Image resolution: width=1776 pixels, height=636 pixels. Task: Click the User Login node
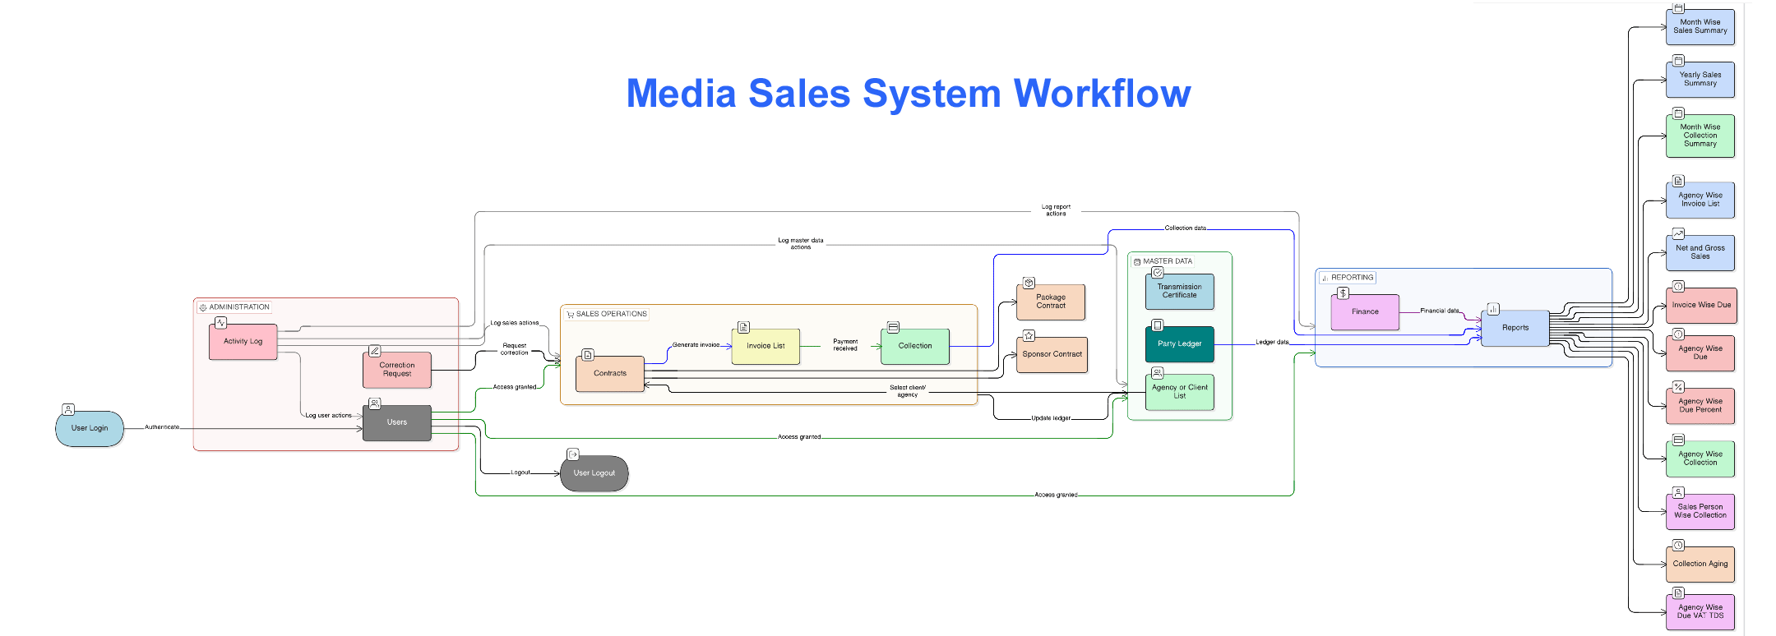[90, 428]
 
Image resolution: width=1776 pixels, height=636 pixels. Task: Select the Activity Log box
[243, 342]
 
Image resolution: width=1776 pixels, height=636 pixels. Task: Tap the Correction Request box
[397, 370]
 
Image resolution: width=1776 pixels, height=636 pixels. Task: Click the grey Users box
[397, 422]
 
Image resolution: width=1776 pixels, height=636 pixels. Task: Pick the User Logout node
[594, 473]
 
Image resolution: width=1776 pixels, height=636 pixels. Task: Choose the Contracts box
[610, 374]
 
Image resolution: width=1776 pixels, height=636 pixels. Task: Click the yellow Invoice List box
[765, 346]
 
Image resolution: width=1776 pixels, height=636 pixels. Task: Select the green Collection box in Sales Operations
[915, 346]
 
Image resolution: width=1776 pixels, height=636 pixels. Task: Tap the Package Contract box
[1051, 302]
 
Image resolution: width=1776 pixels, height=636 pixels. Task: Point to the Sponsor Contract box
[1052, 354]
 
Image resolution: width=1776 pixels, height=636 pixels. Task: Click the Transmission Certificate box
[1179, 291]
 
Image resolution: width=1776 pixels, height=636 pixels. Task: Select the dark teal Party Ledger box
[1179, 343]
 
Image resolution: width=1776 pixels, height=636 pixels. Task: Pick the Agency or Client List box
[1179, 392]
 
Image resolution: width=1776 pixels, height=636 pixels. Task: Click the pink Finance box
[1365, 312]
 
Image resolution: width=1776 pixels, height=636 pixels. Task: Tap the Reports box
[1515, 328]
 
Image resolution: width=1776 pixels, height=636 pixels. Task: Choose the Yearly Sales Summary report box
[1700, 80]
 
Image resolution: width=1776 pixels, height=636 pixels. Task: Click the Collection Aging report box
[1700, 565]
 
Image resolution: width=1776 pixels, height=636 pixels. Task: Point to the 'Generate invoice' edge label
[696, 345]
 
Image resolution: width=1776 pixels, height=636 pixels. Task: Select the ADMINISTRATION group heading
[239, 307]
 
